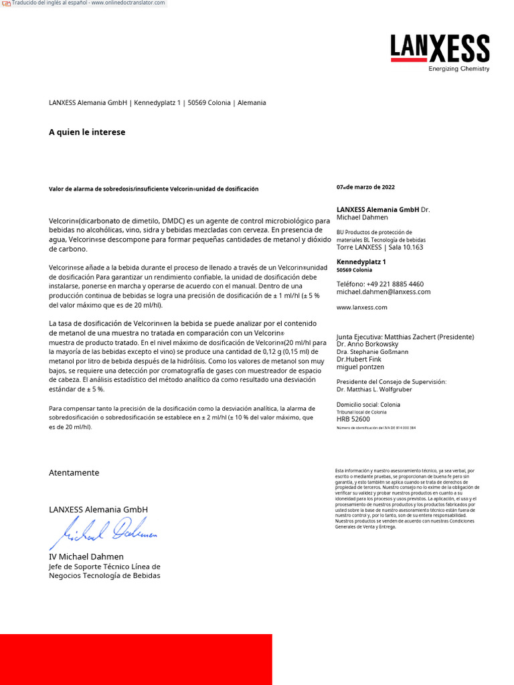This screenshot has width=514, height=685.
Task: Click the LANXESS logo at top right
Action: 440,48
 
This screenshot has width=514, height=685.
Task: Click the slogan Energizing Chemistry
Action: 458,69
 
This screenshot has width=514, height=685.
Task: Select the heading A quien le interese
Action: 87,132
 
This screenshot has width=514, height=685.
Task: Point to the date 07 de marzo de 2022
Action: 365,187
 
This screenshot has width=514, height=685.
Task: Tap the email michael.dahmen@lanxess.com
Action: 383,292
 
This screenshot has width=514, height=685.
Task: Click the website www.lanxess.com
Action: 361,308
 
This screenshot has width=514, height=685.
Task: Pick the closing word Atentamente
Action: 74,473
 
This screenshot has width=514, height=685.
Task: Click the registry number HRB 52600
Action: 353,419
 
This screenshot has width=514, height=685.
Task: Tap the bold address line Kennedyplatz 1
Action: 361,262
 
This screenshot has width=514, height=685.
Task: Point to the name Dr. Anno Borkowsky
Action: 367,345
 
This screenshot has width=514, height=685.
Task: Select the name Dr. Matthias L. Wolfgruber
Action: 374,389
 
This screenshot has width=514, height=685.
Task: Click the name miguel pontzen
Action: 360,367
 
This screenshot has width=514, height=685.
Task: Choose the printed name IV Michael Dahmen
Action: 86,557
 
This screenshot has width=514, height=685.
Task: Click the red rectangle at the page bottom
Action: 136,659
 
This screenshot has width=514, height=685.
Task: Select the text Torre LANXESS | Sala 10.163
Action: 379,248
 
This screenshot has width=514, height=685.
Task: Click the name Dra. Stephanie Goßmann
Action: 372,352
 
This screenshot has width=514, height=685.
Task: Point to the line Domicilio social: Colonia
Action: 368,405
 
